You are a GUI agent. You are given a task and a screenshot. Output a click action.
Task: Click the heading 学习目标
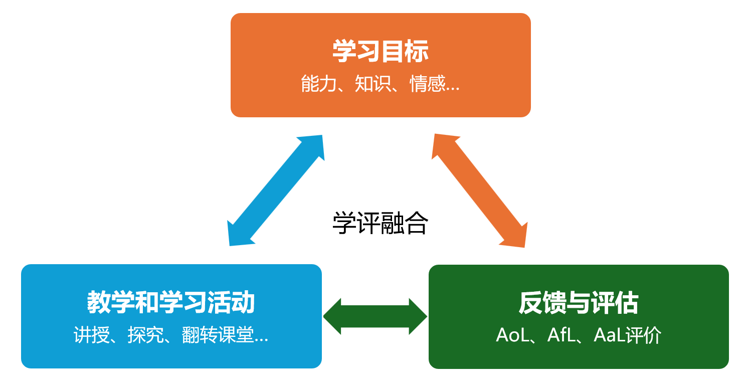pyautogui.click(x=381, y=51)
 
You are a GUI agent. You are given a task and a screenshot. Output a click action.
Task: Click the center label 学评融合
pyautogui.click(x=380, y=224)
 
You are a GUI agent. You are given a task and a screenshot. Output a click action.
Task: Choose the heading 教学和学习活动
pyautogui.click(x=171, y=303)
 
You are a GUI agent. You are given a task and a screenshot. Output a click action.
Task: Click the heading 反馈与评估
pyautogui.click(x=579, y=303)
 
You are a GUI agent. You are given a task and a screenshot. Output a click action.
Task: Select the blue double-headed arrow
pyautogui.click(x=276, y=190)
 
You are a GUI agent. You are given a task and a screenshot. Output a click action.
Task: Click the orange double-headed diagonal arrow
pyautogui.click(x=479, y=190)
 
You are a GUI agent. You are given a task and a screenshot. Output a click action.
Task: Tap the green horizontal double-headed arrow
pyautogui.click(x=375, y=316)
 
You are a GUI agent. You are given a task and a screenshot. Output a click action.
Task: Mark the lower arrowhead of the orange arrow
pyautogui.click(x=514, y=235)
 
